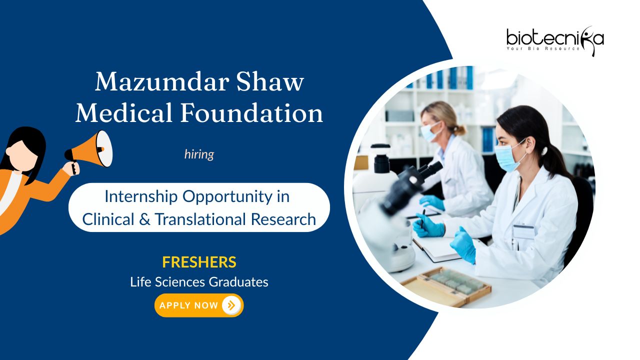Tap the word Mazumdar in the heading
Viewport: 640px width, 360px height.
pos(162,82)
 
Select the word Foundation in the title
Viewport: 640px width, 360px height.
pos(251,113)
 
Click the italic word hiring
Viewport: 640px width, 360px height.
pos(199,154)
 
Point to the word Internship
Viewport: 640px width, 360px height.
pos(141,197)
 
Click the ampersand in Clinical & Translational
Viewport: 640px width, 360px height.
pos(144,219)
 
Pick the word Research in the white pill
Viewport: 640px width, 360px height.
pos(283,219)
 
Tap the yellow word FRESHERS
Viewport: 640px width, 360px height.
pos(199,262)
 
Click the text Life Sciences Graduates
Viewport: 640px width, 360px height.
pos(199,282)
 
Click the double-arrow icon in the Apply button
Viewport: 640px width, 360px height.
pos(231,305)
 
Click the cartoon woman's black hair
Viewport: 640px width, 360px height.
pos(27,148)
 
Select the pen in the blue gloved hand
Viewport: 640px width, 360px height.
pos(423,219)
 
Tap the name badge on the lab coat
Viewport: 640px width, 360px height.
pos(523,231)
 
